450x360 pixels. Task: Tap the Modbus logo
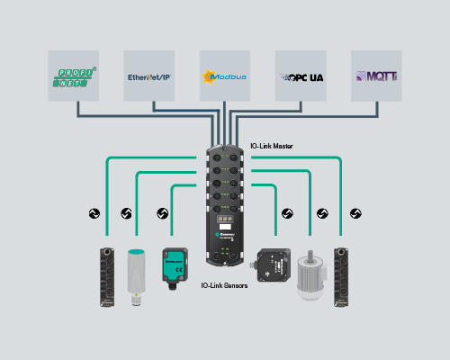(x=225, y=76)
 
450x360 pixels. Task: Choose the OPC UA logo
(x=300, y=76)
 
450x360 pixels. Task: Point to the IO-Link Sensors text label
(x=225, y=285)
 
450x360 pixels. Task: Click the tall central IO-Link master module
(x=225, y=202)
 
